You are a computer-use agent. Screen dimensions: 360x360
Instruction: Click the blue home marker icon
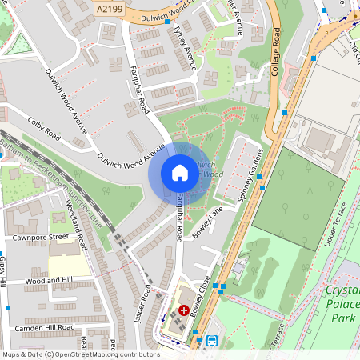pyautogui.click(x=179, y=173)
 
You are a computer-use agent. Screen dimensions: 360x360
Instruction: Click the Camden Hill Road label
pyautogui.click(x=44, y=327)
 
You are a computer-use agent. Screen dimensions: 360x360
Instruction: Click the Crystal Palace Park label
pyautogui.click(x=342, y=304)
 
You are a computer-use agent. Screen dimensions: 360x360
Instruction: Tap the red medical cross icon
pyautogui.click(x=184, y=310)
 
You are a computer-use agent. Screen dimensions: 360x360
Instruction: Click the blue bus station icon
pyautogui.click(x=212, y=340)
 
